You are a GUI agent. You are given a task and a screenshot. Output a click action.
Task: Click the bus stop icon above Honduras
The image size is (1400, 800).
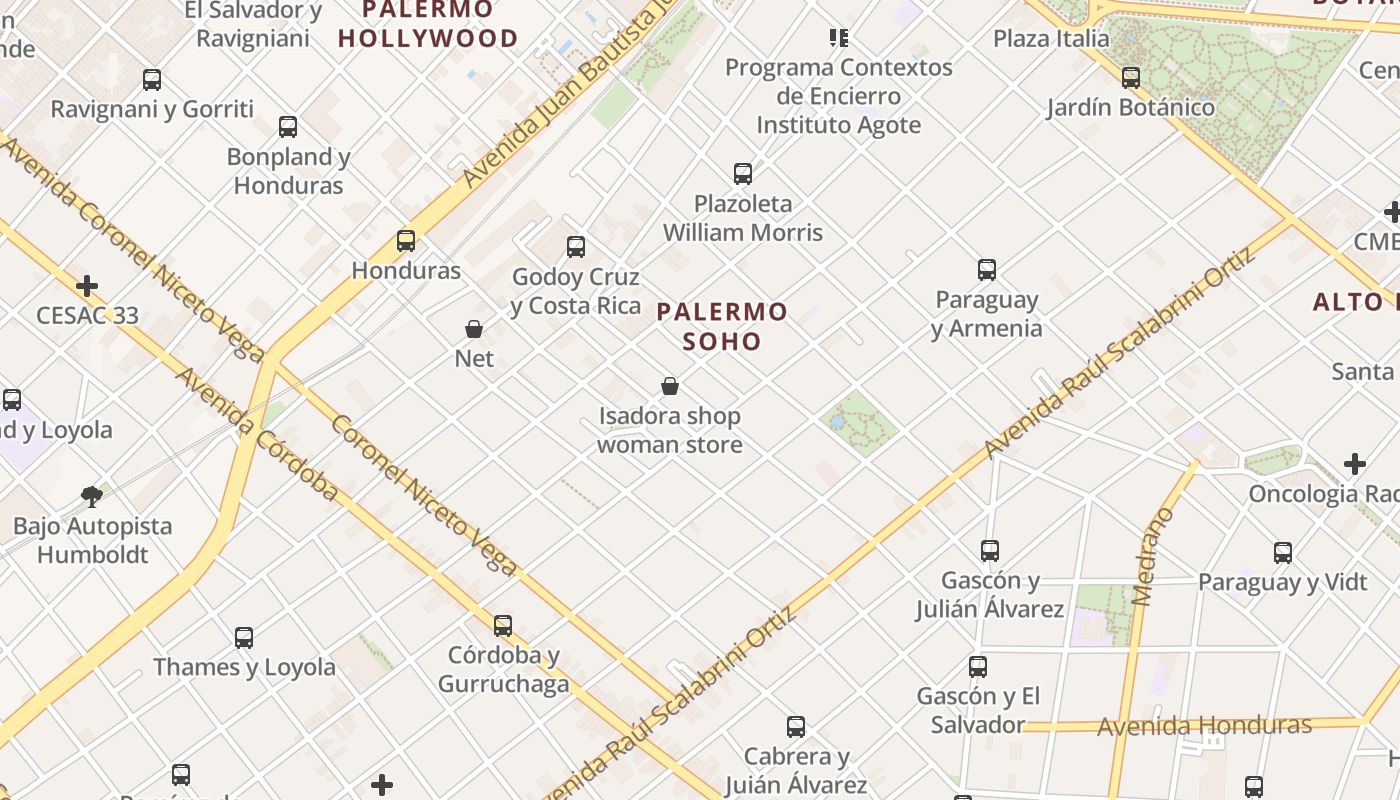406,241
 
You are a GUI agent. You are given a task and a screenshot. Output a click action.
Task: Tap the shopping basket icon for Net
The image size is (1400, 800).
474,329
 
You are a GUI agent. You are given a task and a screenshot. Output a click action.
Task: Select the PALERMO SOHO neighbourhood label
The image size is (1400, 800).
722,327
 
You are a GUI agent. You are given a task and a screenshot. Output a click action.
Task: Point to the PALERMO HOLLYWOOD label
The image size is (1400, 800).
428,25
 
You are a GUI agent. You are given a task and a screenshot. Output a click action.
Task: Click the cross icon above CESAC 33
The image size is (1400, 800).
87,286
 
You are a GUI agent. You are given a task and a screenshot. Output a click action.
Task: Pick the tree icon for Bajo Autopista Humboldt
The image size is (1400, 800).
92,496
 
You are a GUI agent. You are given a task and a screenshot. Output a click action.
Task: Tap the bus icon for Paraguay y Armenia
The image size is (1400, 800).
987,270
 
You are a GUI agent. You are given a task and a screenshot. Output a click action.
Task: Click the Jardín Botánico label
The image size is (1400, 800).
1131,108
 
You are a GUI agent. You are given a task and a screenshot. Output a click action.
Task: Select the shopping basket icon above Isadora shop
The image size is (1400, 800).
670,386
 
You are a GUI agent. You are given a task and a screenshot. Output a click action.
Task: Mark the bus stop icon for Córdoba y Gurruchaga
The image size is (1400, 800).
503,626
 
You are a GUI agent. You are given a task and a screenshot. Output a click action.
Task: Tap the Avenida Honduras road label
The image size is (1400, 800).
1204,725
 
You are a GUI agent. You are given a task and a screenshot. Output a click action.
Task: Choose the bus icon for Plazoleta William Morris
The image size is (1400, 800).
743,174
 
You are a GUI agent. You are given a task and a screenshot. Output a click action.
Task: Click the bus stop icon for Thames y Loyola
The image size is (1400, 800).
244,638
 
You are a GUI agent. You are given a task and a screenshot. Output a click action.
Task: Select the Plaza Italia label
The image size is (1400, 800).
1051,39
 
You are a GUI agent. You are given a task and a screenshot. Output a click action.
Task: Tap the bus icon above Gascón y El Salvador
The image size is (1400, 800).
978,667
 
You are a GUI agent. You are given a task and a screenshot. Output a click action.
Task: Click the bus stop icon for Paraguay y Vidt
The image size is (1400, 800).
1283,553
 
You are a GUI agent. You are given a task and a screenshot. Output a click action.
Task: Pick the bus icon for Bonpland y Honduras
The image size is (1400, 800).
288,127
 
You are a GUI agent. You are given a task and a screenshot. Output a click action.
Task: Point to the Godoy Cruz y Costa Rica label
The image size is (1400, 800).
575,291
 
